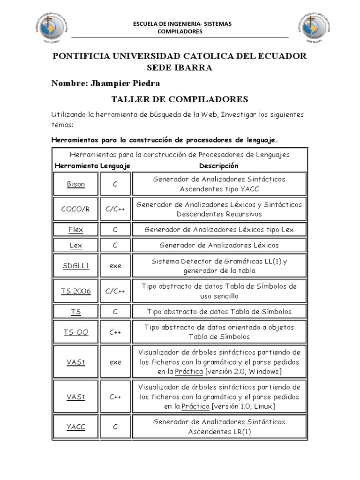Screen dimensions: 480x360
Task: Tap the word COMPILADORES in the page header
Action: click(180, 31)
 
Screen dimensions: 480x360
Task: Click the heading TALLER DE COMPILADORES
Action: click(180, 99)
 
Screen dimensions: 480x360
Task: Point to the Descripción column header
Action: click(218, 166)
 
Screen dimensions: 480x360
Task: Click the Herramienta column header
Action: click(76, 166)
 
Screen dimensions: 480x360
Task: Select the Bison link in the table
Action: click(75, 184)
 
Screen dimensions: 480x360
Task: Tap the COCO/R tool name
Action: click(75, 209)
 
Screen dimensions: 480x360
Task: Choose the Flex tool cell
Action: click(75, 230)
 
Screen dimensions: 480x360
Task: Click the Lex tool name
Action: click(75, 245)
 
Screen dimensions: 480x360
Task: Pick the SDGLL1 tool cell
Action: click(75, 266)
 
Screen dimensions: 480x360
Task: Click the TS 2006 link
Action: click(75, 291)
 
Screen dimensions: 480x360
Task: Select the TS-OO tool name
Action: click(75, 332)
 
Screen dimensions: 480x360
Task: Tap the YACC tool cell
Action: click(75, 427)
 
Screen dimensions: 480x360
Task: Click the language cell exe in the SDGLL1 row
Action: click(115, 266)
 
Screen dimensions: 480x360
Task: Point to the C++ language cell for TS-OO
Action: click(115, 332)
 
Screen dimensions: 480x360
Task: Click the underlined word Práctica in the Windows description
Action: click(189, 372)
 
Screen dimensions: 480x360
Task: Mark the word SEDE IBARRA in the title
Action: click(180, 68)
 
